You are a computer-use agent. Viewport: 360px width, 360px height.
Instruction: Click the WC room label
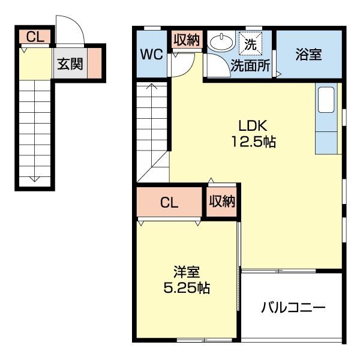tap(151, 55)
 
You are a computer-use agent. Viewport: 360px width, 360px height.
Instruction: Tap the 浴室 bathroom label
tap(308, 55)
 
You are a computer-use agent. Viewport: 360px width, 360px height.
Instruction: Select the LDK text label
tap(253, 125)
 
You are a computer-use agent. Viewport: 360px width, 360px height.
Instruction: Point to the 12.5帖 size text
tap(253, 142)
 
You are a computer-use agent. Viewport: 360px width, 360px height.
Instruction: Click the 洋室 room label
tap(187, 272)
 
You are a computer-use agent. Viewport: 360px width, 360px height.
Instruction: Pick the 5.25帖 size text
tap(187, 287)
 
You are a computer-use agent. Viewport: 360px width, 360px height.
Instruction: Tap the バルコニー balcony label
tap(293, 307)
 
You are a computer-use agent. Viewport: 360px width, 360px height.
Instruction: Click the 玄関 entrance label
tap(70, 64)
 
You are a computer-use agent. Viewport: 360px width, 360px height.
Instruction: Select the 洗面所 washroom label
tap(250, 65)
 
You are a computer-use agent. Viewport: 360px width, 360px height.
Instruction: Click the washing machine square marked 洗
tap(250, 44)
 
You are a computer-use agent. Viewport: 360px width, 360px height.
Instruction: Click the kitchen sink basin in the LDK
tap(326, 100)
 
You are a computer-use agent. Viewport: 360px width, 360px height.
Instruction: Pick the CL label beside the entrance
tap(35, 37)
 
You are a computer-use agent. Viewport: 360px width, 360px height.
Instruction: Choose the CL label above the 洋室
tap(169, 203)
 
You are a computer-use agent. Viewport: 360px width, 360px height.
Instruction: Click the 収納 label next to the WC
tap(187, 40)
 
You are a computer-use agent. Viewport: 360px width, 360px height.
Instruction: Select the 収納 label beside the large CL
tap(222, 202)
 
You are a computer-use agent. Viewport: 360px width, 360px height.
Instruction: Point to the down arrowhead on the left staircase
tap(34, 179)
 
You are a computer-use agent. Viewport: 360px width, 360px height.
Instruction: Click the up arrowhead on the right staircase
tap(152, 86)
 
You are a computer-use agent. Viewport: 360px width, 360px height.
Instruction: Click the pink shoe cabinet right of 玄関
tap(95, 63)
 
